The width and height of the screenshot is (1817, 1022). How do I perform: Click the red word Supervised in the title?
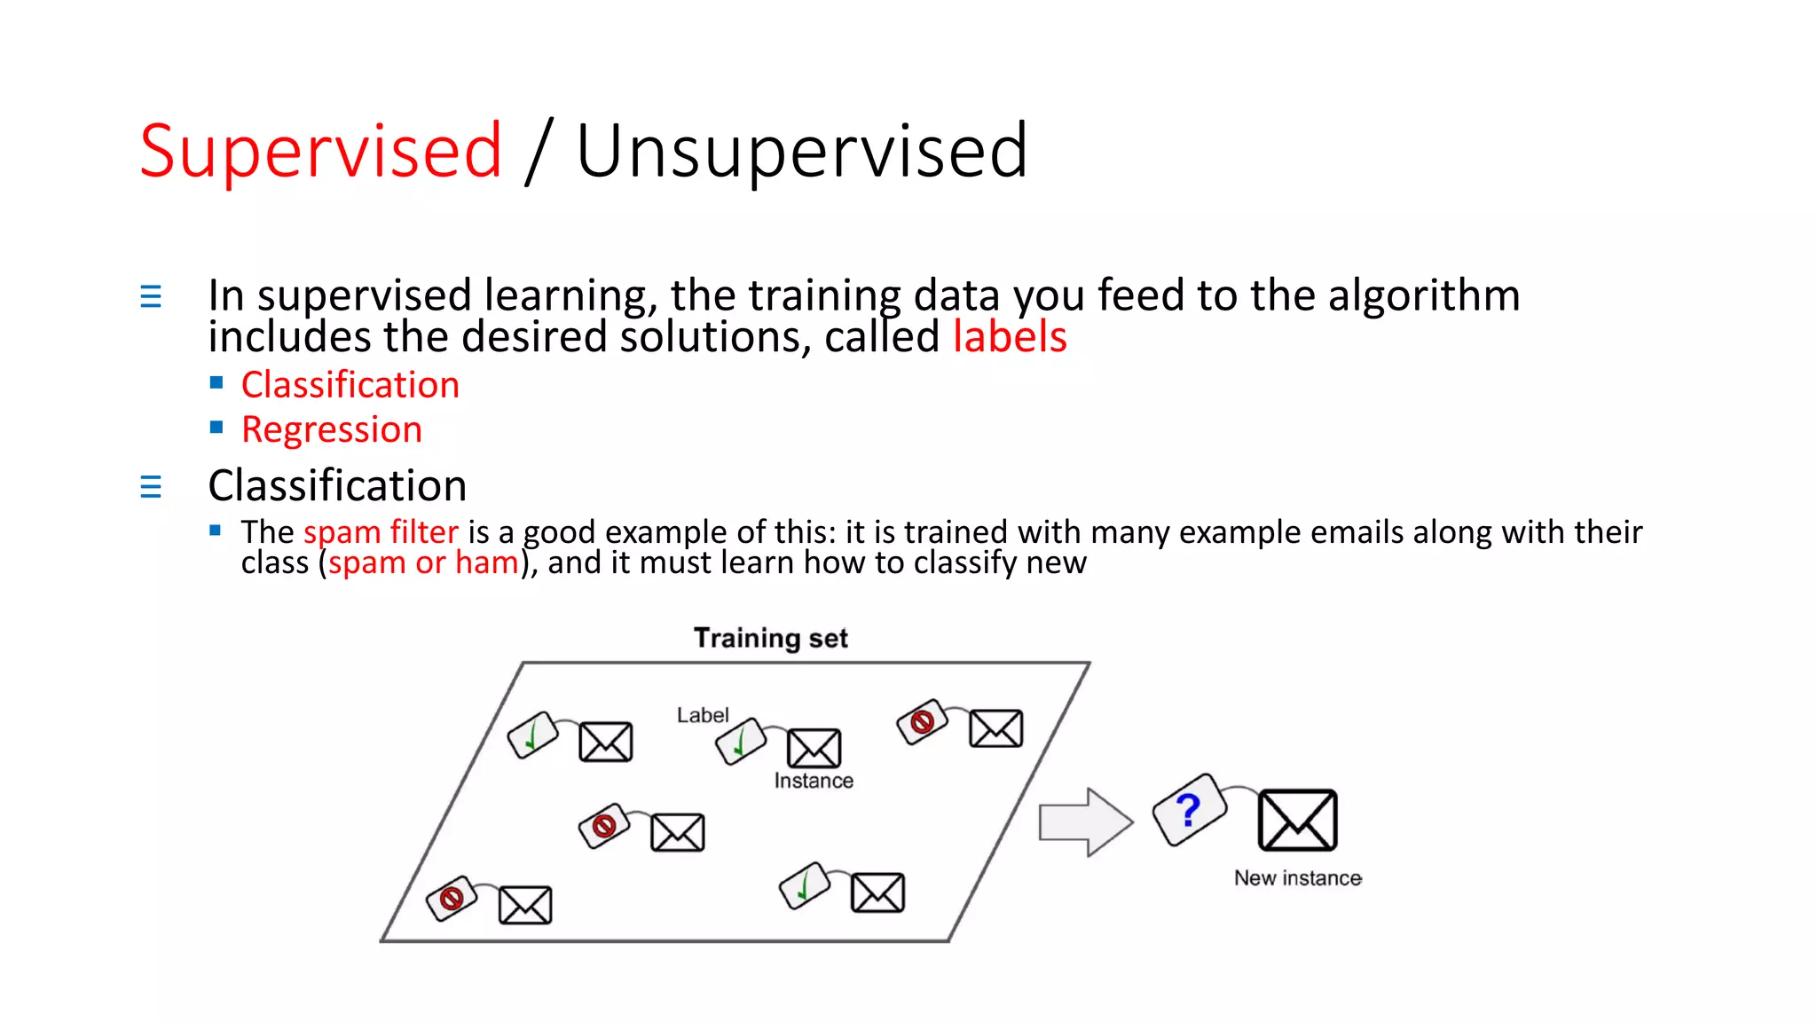point(321,151)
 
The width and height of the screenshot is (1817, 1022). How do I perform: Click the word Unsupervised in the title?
point(801,151)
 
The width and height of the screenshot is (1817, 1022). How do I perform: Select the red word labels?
point(1010,337)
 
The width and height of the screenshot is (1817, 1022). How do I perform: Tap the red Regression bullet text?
point(332,429)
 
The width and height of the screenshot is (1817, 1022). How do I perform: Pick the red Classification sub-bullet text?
point(350,385)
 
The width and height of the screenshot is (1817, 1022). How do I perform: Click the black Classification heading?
point(337,485)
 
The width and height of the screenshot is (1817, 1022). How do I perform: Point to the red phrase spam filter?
point(381,532)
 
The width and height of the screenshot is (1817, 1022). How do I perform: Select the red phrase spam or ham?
point(423,562)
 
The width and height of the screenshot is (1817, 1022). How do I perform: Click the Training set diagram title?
point(770,638)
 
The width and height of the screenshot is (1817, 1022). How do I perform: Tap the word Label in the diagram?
point(702,715)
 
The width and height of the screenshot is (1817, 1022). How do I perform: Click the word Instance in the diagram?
point(814,781)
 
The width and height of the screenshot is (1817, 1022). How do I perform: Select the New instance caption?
point(1297,878)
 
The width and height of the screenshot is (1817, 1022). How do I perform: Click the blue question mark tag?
point(1189,810)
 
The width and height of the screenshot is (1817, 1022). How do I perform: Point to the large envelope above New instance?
point(1297,820)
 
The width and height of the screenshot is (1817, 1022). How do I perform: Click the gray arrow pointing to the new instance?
point(1085,822)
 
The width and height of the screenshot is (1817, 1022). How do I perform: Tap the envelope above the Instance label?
point(814,748)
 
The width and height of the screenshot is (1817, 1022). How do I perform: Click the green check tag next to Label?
point(741,741)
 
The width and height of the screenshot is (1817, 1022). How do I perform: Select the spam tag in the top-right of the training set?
point(922,722)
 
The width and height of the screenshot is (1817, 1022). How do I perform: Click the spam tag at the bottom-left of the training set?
point(452,900)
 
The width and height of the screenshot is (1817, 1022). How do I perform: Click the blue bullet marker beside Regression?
point(216,428)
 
